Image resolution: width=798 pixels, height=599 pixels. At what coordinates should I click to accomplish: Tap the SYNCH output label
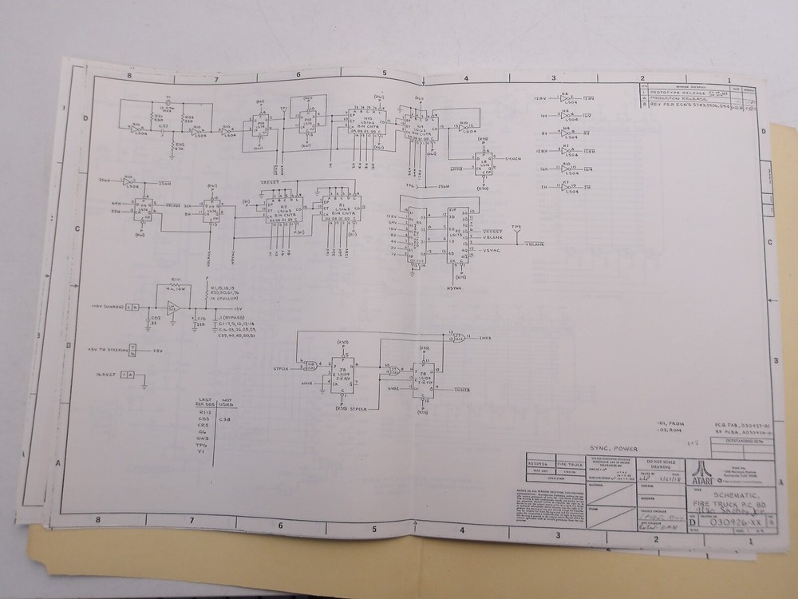coord(513,159)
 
